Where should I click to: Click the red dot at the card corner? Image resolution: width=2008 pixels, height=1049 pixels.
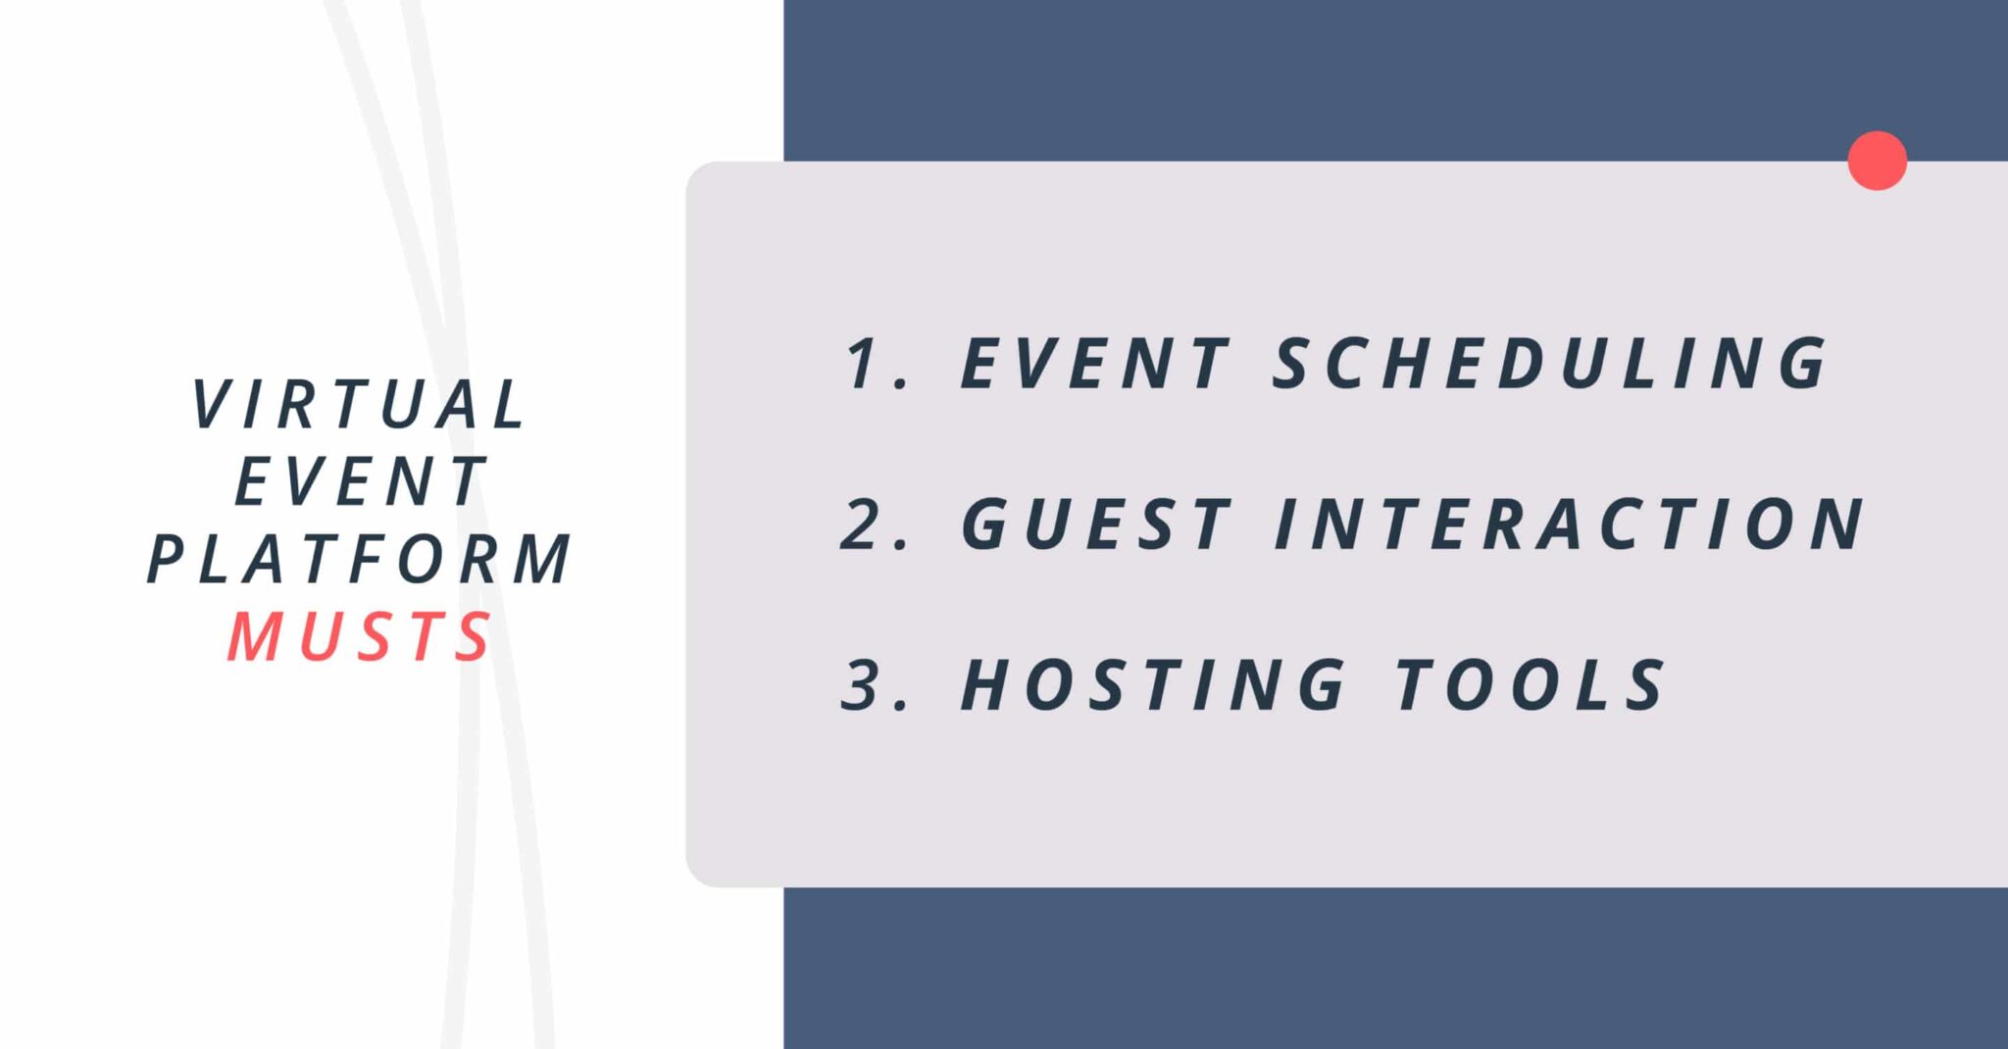(x=1877, y=161)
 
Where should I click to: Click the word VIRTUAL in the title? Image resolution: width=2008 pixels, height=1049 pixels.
(x=360, y=404)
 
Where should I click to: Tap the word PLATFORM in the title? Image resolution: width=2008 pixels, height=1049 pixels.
(x=360, y=559)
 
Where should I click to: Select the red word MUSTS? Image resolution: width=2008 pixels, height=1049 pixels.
(x=360, y=637)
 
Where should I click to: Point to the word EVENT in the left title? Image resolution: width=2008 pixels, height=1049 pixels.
(x=360, y=481)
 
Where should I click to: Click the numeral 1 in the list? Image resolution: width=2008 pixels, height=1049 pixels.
(x=864, y=364)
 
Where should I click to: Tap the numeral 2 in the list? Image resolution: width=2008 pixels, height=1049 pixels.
(x=864, y=524)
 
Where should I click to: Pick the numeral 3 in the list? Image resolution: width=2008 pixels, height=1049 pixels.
(x=864, y=685)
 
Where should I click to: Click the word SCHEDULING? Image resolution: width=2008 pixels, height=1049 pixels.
(x=1550, y=364)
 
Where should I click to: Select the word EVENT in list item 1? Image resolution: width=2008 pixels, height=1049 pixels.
(x=1094, y=364)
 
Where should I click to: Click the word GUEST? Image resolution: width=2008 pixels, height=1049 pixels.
(x=1095, y=524)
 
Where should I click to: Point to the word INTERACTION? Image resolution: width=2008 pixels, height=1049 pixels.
(x=1569, y=524)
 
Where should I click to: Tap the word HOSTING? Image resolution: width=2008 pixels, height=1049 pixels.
(x=1153, y=685)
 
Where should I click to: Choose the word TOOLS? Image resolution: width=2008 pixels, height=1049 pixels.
(x=1530, y=685)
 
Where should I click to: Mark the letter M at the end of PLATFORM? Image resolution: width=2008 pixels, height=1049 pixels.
(x=543, y=559)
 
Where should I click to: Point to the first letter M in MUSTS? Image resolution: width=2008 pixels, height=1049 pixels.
(x=255, y=637)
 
